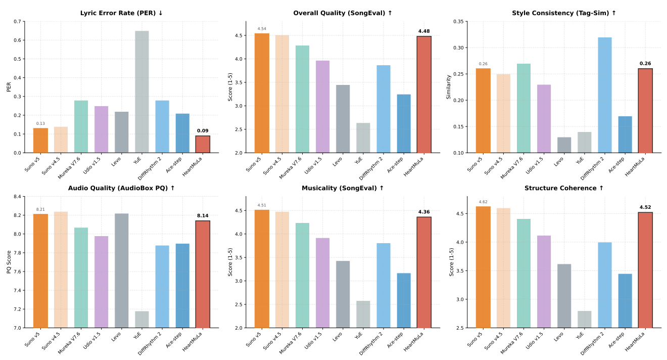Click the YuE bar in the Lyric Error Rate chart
click(x=141, y=92)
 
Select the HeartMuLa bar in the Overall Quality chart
click(x=424, y=95)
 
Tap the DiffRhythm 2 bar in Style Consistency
click(x=605, y=95)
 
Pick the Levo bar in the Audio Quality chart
click(x=121, y=271)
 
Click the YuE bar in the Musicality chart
click(x=363, y=314)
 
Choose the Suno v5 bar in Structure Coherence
click(x=483, y=267)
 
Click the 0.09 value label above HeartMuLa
click(x=203, y=131)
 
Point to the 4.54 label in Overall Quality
click(x=262, y=29)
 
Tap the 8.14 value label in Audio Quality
click(x=203, y=216)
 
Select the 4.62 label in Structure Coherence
click(x=483, y=202)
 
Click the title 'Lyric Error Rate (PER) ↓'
click(x=122, y=13)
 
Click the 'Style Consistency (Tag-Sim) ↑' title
click(x=564, y=13)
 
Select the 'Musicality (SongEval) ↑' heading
click(x=343, y=188)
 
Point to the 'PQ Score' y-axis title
click(x=9, y=262)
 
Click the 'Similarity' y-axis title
click(x=448, y=87)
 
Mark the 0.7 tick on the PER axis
click(x=18, y=22)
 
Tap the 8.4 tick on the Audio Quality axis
click(x=18, y=197)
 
